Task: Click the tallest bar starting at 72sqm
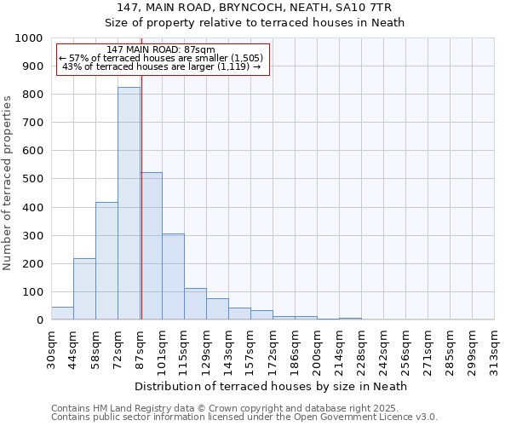click(x=129, y=204)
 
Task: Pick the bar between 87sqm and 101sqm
click(x=152, y=246)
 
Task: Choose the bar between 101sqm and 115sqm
click(x=173, y=277)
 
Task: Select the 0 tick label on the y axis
click(x=40, y=320)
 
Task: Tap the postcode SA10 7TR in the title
click(x=369, y=8)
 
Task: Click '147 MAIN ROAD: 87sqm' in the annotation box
click(x=162, y=50)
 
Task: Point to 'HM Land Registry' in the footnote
click(x=125, y=408)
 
